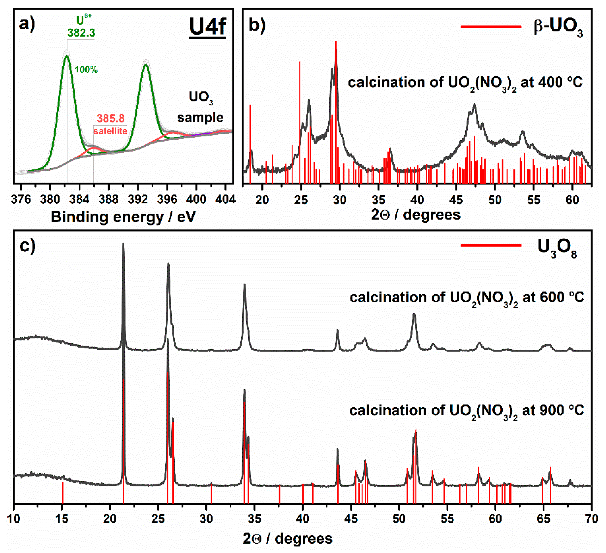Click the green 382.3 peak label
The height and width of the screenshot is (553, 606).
point(81,32)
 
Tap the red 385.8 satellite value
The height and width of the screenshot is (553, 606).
point(111,118)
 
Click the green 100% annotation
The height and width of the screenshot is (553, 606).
point(86,70)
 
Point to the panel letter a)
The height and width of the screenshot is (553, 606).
point(27,24)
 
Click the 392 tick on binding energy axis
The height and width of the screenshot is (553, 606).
point(138,199)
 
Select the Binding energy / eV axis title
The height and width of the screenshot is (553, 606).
point(123,217)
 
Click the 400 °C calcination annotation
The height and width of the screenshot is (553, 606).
point(465,82)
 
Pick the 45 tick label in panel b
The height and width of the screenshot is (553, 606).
point(456,200)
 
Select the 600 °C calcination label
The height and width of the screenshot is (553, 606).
point(466,298)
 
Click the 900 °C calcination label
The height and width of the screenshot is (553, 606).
point(466,411)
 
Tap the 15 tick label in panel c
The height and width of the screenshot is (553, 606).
point(62,519)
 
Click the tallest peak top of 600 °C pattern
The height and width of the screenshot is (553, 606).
point(123,244)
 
